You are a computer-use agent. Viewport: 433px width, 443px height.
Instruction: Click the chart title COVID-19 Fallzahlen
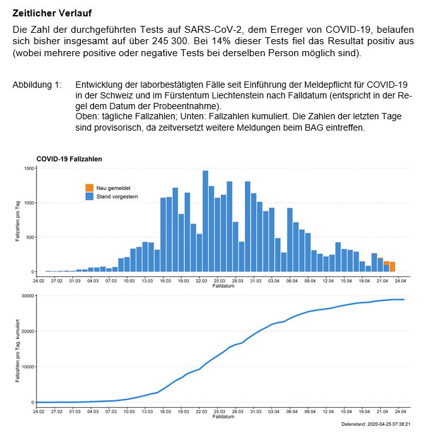pos(69,159)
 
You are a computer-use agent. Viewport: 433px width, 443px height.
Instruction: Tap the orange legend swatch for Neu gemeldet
pos(89,188)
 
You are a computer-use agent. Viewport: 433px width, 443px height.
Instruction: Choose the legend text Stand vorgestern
pos(117,197)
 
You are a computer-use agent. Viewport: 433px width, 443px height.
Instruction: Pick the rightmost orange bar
pos(392,266)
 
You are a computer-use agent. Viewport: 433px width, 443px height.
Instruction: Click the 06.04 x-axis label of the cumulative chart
pos(292,411)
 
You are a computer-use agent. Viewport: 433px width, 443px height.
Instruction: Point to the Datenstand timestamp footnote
pos(376,425)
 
